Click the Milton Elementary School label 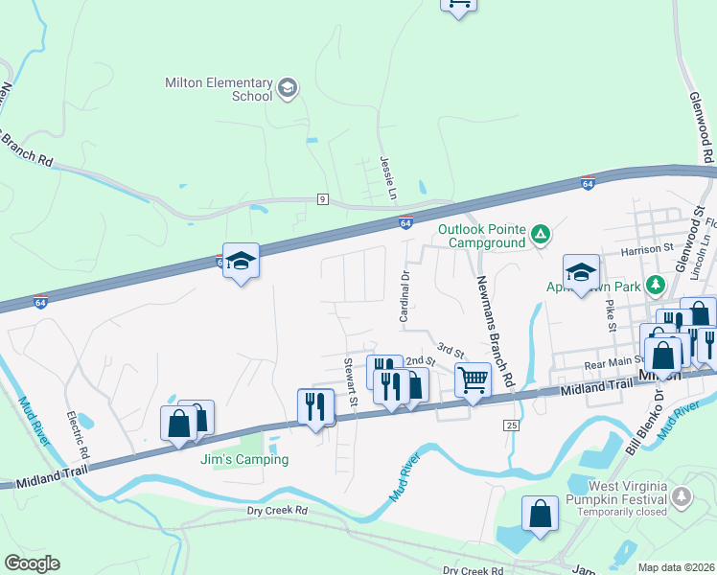pyautogui.click(x=219, y=90)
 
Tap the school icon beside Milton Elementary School pyautogui.click(x=287, y=90)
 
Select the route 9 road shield pyautogui.click(x=323, y=199)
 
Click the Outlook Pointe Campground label pyautogui.click(x=481, y=236)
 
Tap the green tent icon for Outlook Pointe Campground pyautogui.click(x=541, y=233)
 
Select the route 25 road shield pyautogui.click(x=512, y=425)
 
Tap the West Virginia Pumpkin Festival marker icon pyautogui.click(x=682, y=496)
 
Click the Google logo pyautogui.click(x=32, y=563)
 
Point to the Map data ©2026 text pyautogui.click(x=675, y=567)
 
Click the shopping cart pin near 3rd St pyautogui.click(x=473, y=379)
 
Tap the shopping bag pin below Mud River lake pyautogui.click(x=540, y=513)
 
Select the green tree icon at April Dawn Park pyautogui.click(x=656, y=285)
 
